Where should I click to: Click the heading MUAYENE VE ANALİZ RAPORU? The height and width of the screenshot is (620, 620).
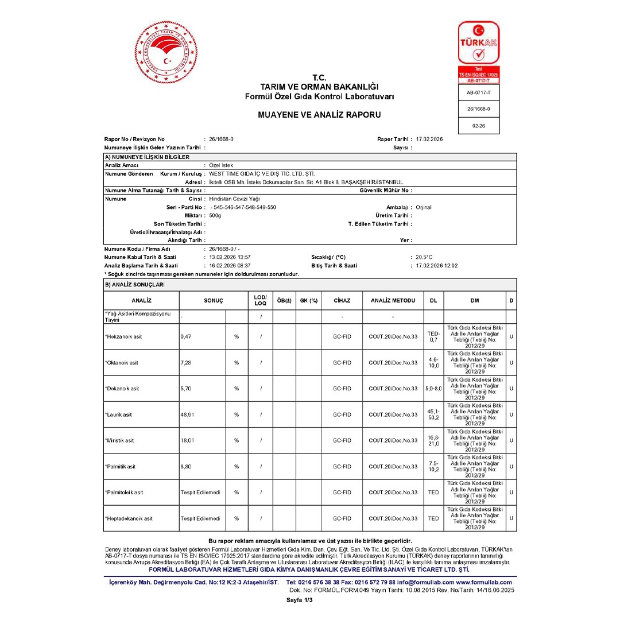[x=319, y=115]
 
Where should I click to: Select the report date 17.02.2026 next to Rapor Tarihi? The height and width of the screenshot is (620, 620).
[x=429, y=139]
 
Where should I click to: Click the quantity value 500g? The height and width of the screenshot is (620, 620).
[x=215, y=215]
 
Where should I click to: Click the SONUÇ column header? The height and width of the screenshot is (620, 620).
[x=213, y=300]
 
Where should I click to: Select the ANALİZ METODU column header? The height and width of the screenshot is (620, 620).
[x=393, y=300]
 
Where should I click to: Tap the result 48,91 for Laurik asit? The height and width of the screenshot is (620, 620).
[x=188, y=414]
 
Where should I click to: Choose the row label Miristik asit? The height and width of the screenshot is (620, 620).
[x=120, y=440]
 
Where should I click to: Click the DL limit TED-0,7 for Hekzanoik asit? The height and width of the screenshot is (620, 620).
[x=433, y=336]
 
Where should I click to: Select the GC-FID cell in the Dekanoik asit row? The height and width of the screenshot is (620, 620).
[x=342, y=389]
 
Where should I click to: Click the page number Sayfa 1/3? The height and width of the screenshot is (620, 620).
[x=300, y=600]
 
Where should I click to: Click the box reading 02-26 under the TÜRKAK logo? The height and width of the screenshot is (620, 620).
[x=478, y=126]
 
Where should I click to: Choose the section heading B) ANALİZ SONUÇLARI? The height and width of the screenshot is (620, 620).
[x=134, y=284]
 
